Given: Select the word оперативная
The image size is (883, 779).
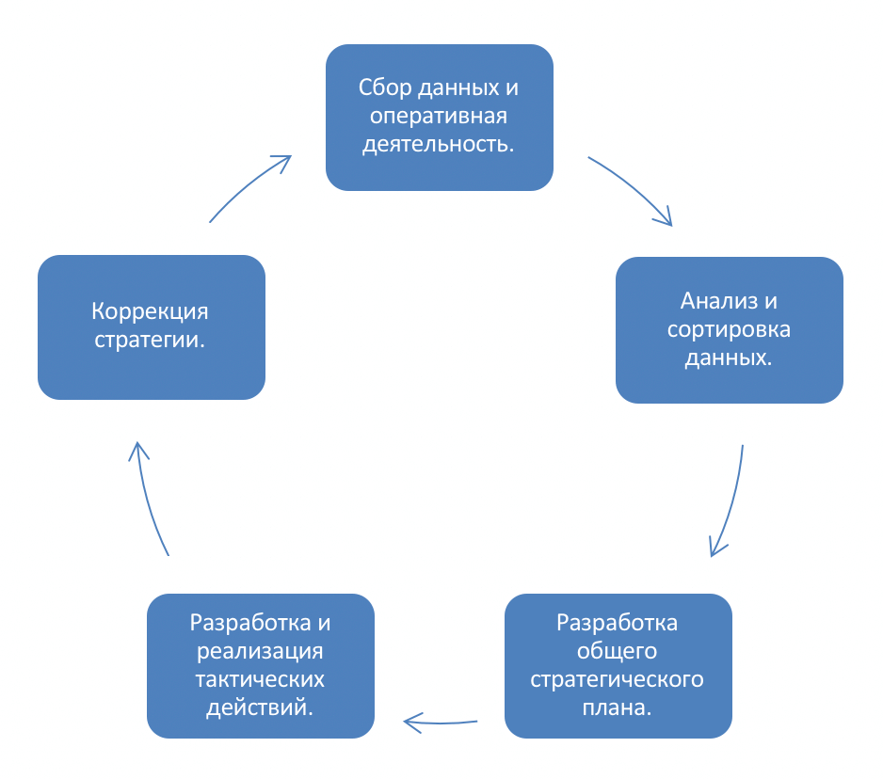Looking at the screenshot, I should click(x=439, y=117).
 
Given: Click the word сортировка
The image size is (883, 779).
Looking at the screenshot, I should click(x=729, y=330).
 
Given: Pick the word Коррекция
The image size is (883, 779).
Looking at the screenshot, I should click(x=151, y=311).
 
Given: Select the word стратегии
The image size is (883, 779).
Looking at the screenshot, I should click(x=151, y=340).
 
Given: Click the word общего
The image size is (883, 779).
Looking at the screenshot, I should click(x=618, y=650).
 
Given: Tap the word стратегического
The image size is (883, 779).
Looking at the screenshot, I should click(x=618, y=678).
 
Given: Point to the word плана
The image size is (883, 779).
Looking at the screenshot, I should click(x=618, y=707).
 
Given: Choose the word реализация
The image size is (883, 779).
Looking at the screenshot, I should click(x=260, y=650).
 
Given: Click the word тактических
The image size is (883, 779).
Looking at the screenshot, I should click(x=260, y=678).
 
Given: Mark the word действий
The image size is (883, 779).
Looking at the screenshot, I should click(x=260, y=707).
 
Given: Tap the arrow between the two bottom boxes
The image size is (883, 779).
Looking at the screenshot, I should click(x=440, y=723).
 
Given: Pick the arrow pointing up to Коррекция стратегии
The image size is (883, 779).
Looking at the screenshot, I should click(x=149, y=499).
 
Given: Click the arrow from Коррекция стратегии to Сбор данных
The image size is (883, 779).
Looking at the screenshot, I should click(x=248, y=188).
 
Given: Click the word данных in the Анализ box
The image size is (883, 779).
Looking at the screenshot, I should click(x=729, y=359).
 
